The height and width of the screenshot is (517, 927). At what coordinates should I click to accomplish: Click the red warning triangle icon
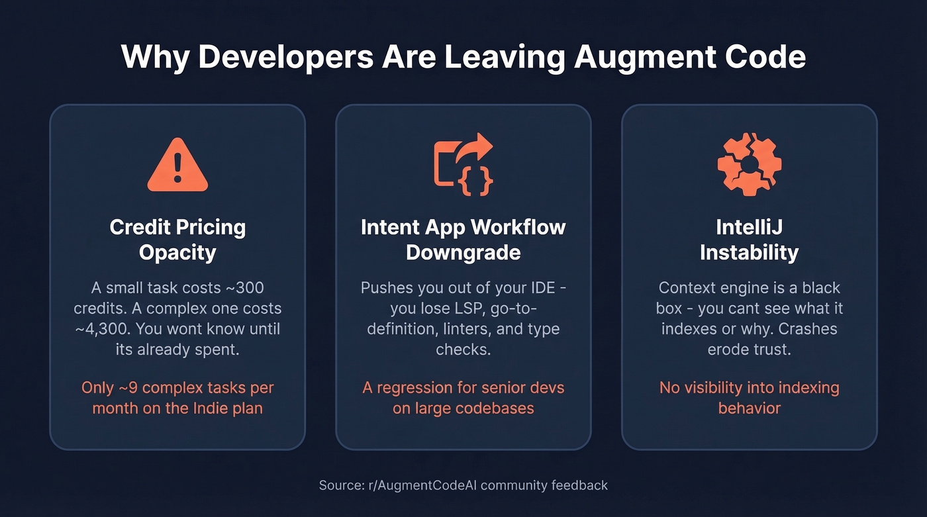pos(177,166)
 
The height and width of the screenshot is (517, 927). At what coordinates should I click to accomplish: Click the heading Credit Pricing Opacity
pos(177,239)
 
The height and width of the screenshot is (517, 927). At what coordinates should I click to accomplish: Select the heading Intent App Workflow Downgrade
pos(463,239)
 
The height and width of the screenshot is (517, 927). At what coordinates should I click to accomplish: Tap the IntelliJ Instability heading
pos(749,239)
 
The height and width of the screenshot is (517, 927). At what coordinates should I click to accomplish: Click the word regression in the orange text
pos(416,387)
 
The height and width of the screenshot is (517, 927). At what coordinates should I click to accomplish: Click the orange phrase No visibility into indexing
pos(749,387)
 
